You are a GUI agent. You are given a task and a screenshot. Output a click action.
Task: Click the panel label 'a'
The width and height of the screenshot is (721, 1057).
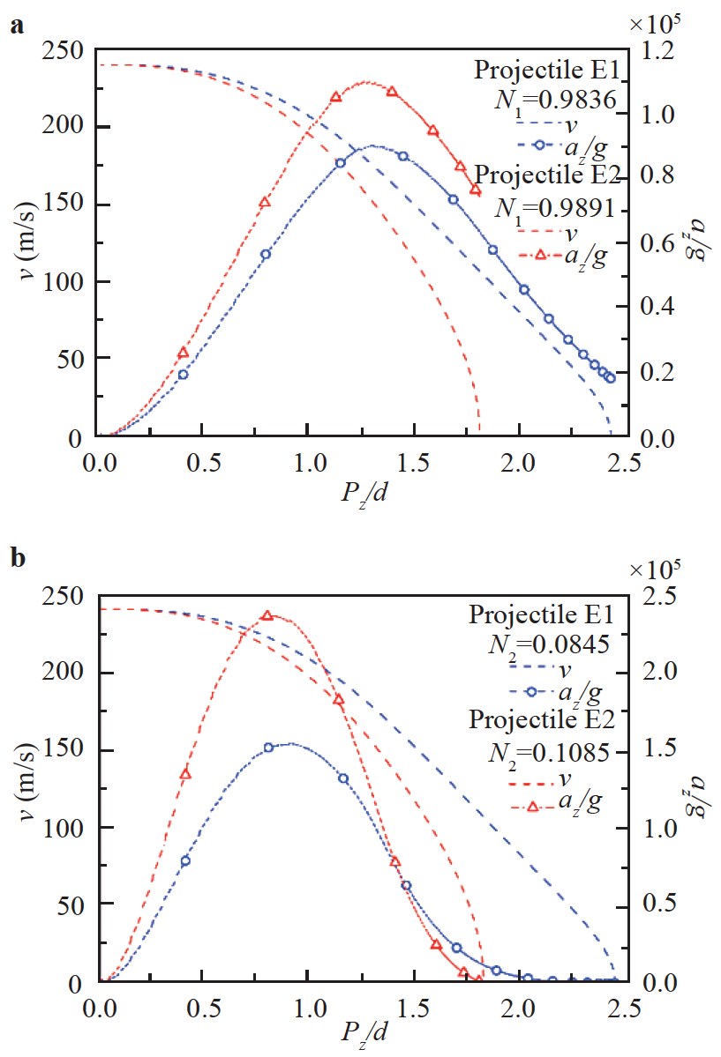tap(16, 26)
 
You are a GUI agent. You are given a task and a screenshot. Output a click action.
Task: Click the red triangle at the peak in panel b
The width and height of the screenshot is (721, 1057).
tap(267, 615)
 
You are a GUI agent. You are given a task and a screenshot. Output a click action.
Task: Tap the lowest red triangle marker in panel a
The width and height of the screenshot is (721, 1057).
tap(184, 354)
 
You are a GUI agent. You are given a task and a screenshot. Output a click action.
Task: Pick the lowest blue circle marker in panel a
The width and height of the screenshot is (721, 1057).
tap(183, 375)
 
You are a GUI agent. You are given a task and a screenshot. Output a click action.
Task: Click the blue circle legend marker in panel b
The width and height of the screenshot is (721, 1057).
tap(538, 692)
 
